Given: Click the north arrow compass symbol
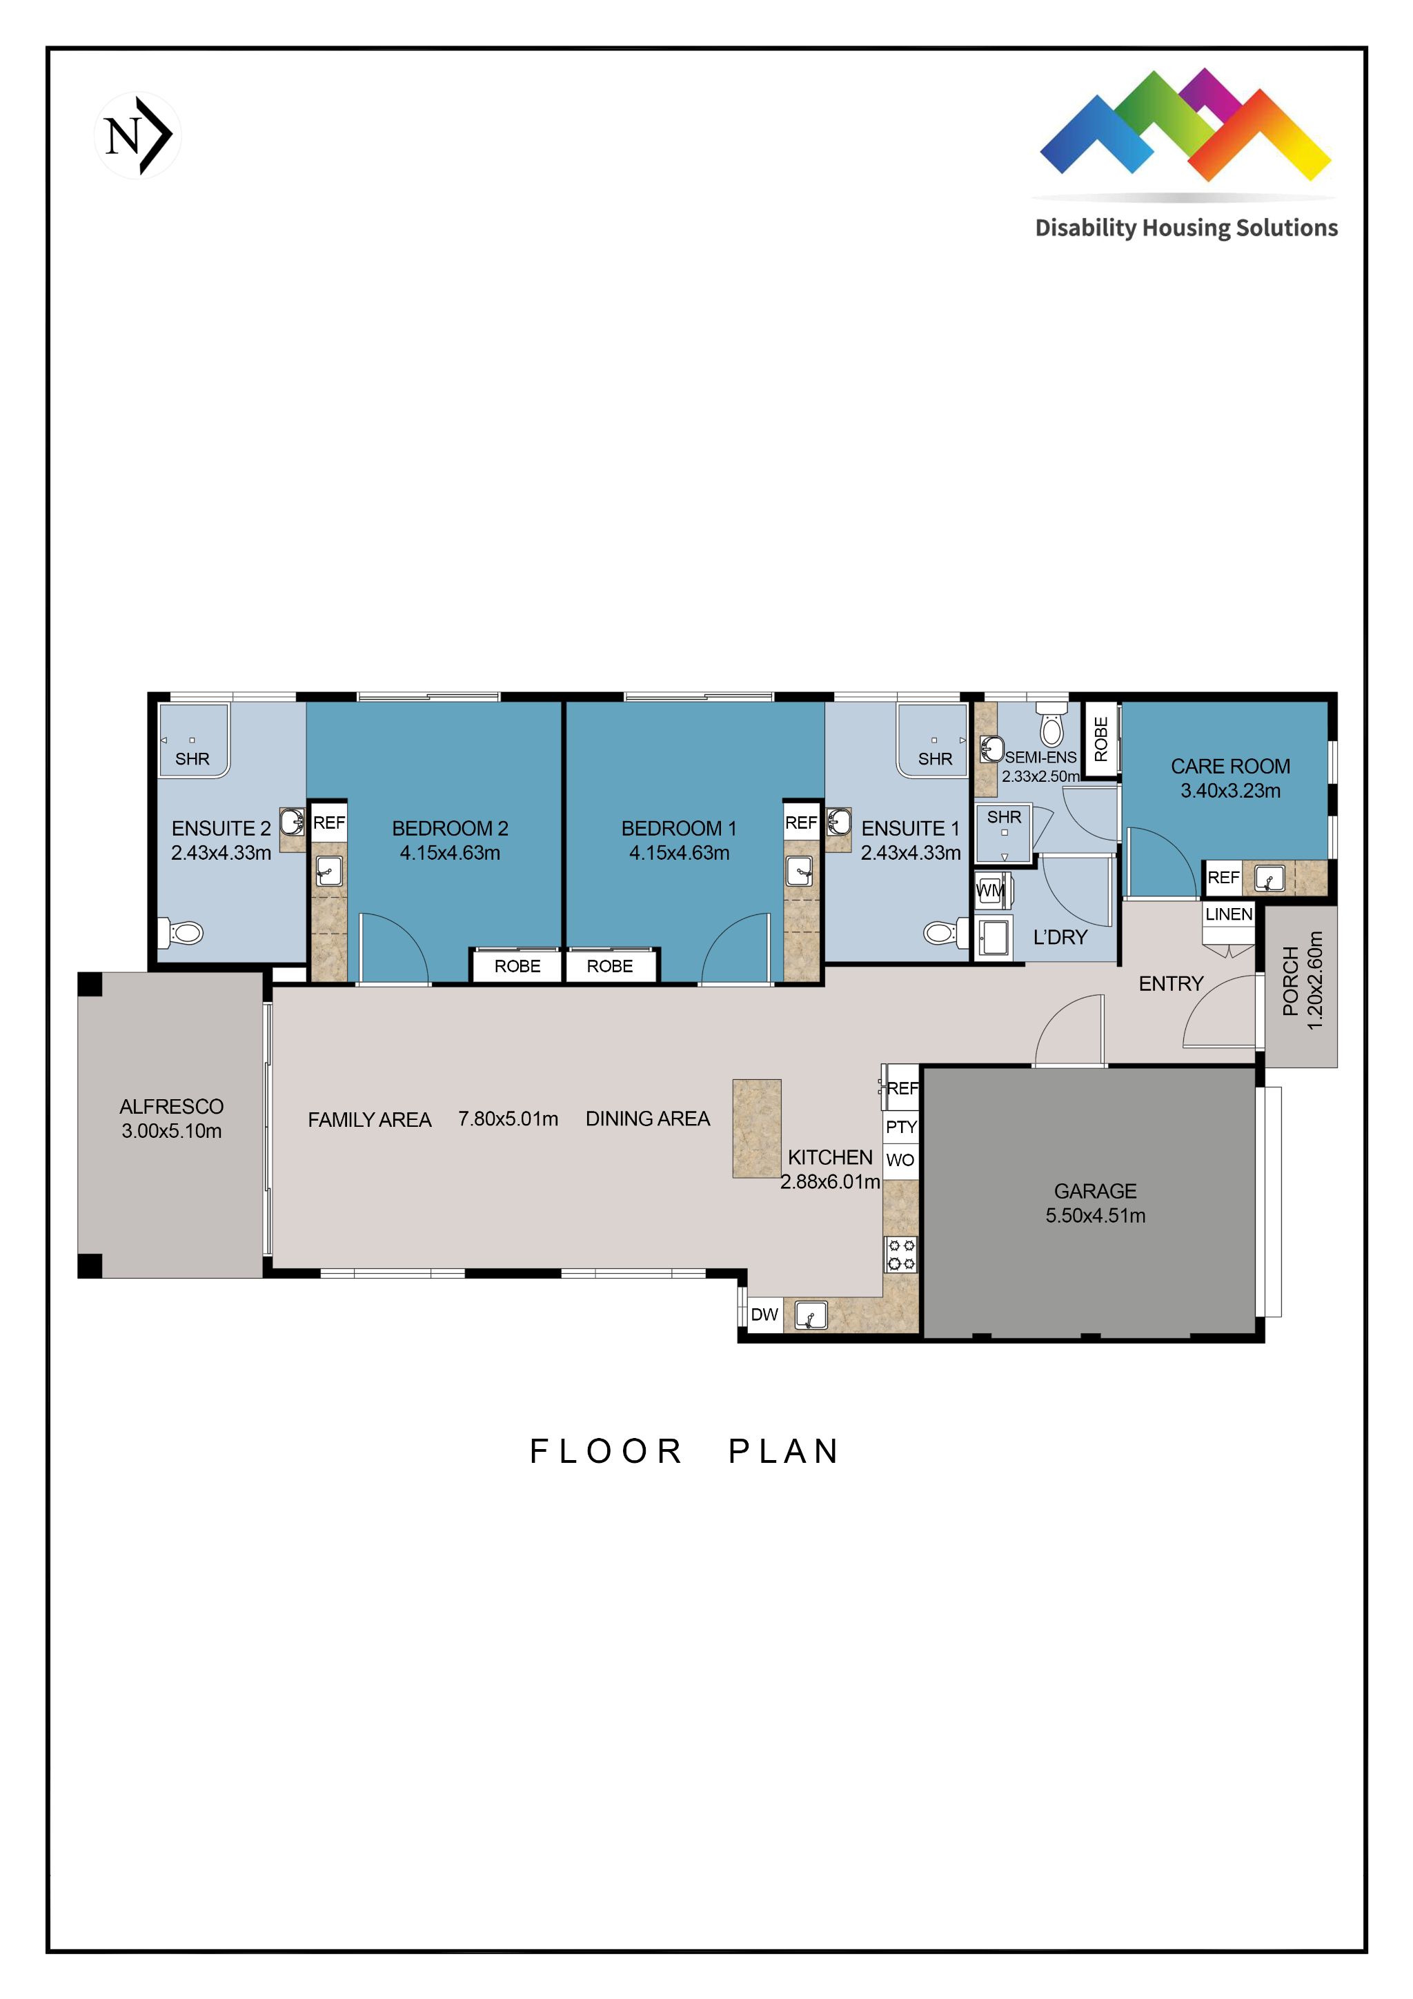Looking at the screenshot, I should pyautogui.click(x=137, y=135).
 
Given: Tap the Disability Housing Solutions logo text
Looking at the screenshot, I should pyautogui.click(x=1186, y=228).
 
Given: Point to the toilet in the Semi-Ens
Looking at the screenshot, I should pyautogui.click(x=1051, y=728).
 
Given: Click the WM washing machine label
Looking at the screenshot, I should pyautogui.click(x=991, y=891).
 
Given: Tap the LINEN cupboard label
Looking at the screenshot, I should pyautogui.click(x=1228, y=914).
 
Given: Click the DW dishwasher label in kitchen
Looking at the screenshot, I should pyautogui.click(x=764, y=1314).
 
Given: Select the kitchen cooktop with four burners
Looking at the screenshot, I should pyautogui.click(x=901, y=1254).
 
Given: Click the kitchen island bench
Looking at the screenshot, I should pyautogui.click(x=757, y=1128).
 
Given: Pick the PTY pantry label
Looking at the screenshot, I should pyautogui.click(x=901, y=1127).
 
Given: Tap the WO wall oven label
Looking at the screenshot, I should pyautogui.click(x=900, y=1160).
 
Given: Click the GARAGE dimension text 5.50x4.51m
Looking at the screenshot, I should pyautogui.click(x=1095, y=1215).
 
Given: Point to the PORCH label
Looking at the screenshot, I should pyautogui.click(x=1290, y=981).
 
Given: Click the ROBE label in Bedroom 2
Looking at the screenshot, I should pyautogui.click(x=517, y=967).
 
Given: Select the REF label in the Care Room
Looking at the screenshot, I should pyautogui.click(x=1223, y=878).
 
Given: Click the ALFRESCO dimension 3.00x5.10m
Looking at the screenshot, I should pyautogui.click(x=172, y=1131).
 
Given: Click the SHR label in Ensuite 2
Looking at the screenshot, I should pyautogui.click(x=192, y=759).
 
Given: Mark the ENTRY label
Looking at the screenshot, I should pyautogui.click(x=1171, y=984).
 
